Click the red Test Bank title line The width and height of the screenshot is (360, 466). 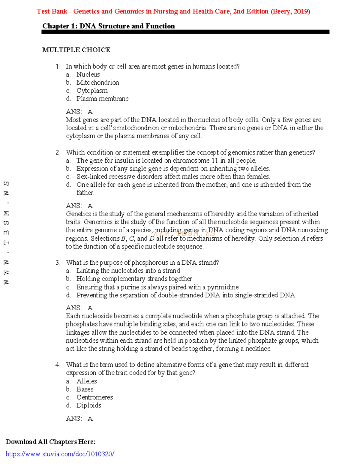click(x=173, y=11)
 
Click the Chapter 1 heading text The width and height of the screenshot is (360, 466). click(x=108, y=26)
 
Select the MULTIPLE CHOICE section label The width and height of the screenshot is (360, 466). click(x=76, y=50)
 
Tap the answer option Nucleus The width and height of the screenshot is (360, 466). click(x=88, y=74)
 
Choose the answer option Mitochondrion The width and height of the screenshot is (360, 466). click(x=97, y=83)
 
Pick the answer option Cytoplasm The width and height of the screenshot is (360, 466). click(x=92, y=91)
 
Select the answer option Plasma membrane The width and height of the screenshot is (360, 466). click(x=102, y=99)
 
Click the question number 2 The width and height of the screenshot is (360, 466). click(x=58, y=152)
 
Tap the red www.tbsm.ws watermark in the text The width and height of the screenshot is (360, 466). click(x=184, y=233)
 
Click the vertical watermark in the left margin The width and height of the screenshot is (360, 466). click(x=6, y=233)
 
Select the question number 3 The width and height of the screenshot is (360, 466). click(x=58, y=263)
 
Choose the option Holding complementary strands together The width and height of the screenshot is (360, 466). click(x=134, y=279)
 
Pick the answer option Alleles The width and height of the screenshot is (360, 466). click(x=86, y=381)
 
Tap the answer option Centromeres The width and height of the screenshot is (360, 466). click(x=94, y=397)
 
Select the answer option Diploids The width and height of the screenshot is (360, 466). click(x=88, y=405)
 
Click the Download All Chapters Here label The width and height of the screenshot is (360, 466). click(x=50, y=442)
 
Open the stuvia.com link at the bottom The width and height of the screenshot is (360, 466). click(x=60, y=454)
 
